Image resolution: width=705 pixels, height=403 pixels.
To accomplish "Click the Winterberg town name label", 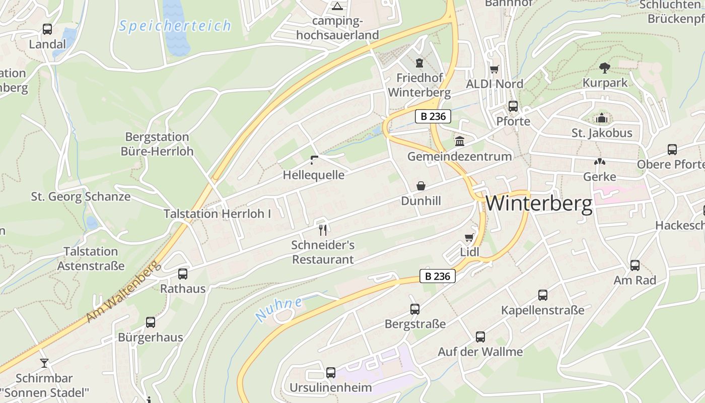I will pyautogui.click(x=539, y=204).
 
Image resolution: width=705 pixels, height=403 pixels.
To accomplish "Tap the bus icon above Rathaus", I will pyautogui.click(x=183, y=274).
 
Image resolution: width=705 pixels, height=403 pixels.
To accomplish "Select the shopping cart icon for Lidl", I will pyautogui.click(x=469, y=237).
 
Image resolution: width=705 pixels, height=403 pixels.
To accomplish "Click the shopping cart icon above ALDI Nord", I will pyautogui.click(x=495, y=70).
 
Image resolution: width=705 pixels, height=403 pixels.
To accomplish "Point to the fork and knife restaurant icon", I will pyautogui.click(x=323, y=230).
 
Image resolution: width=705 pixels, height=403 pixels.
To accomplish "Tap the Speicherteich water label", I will pyautogui.click(x=175, y=26).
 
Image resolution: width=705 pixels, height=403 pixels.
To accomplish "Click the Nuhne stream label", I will pyautogui.click(x=278, y=309).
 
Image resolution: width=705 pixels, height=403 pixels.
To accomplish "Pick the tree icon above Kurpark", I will pyautogui.click(x=605, y=68).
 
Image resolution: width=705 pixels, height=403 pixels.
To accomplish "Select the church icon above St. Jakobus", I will pyautogui.click(x=601, y=119).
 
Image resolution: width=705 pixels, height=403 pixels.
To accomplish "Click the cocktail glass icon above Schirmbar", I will pyautogui.click(x=44, y=363).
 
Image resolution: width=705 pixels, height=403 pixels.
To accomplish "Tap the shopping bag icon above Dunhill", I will pyautogui.click(x=421, y=186).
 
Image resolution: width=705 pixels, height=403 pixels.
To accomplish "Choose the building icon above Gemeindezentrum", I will pyautogui.click(x=459, y=142).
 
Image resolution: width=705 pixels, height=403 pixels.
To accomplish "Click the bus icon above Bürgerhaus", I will pyautogui.click(x=150, y=322).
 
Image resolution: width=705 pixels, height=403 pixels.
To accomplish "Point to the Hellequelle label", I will pyautogui.click(x=314, y=175).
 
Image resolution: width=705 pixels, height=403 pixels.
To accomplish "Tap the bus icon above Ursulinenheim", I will pyautogui.click(x=331, y=373).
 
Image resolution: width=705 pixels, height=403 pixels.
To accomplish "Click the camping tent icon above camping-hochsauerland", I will pyautogui.click(x=337, y=7).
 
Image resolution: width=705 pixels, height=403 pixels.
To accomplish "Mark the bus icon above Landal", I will pyautogui.click(x=47, y=29).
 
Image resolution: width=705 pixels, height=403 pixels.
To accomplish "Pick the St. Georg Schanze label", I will pyautogui.click(x=81, y=196).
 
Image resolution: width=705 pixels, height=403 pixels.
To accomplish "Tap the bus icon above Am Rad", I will pyautogui.click(x=635, y=265).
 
